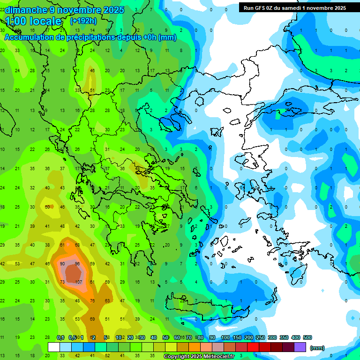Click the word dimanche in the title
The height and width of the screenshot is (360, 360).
[x=23, y=10]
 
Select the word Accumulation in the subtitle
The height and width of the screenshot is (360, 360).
[x=31, y=37]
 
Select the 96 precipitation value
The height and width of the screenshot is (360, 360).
[x=78, y=264]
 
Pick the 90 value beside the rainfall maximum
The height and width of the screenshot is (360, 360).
[x=62, y=264]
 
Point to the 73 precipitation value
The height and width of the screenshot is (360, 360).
[x=62, y=282]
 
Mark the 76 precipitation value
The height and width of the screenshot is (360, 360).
[x=93, y=301]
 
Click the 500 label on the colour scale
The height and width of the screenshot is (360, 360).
[x=307, y=337]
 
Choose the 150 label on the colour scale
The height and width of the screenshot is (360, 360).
[x=237, y=337]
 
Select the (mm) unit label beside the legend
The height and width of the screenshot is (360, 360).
[x=317, y=348]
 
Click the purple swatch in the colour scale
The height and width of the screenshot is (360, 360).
[x=300, y=347]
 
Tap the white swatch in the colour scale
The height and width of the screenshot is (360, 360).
[x=54, y=347]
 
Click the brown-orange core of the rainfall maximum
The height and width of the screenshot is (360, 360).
[x=73, y=273]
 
